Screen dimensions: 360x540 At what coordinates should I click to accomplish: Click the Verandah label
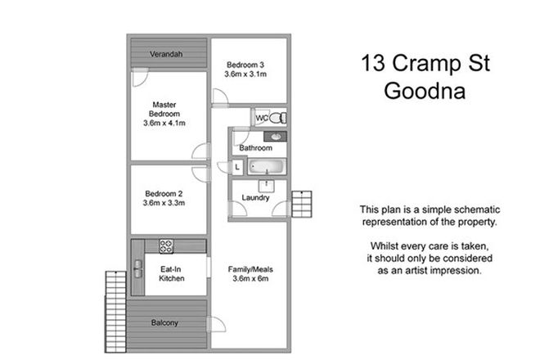point(166,55)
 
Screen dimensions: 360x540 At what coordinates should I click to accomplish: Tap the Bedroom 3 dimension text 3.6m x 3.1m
point(246,74)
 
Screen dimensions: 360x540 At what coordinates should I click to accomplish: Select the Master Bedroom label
point(165,114)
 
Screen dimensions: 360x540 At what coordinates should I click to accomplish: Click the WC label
point(261,119)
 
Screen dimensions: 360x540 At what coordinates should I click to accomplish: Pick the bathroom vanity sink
point(277,137)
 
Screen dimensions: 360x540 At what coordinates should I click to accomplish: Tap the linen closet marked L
point(237,167)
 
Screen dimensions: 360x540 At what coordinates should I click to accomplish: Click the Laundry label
point(255,197)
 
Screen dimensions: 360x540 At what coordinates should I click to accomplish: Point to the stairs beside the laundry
point(303,201)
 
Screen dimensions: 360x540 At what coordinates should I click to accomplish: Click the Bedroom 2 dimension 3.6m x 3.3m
point(165,202)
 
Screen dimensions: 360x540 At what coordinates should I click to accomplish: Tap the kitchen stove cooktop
point(166,244)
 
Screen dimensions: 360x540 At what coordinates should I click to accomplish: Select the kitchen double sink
point(136,267)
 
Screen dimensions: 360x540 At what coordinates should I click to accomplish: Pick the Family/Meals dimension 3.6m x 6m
point(250,278)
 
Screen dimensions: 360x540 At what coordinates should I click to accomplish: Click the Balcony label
point(165,322)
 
